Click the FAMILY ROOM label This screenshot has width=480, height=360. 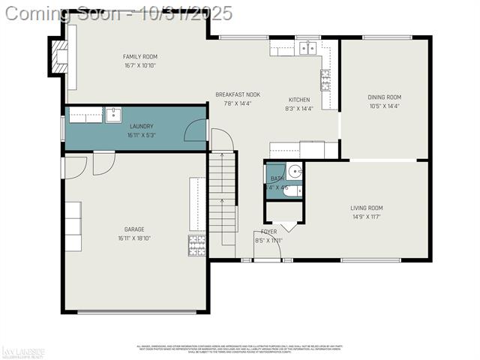[140, 56]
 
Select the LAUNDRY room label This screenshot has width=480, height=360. [141, 126]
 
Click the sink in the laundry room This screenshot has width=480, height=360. [112, 115]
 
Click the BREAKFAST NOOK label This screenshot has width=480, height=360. [238, 94]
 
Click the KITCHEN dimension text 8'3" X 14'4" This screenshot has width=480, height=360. [299, 109]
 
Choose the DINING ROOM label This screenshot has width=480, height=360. [384, 97]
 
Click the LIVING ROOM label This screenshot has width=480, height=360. [366, 208]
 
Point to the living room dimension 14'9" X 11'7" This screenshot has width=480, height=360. [366, 217]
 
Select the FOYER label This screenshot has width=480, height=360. [268, 232]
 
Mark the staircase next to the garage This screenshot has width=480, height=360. [222, 199]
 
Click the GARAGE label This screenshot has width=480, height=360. [134, 229]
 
